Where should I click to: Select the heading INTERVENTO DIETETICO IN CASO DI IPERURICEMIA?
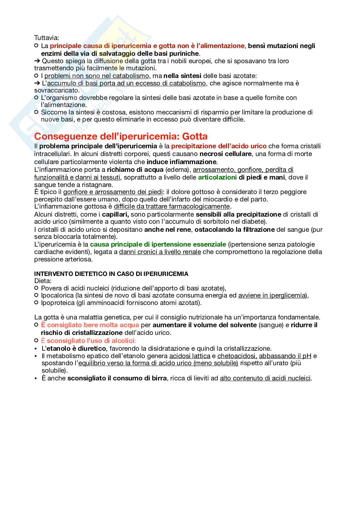(x=111, y=274)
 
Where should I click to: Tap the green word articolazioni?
(x=217, y=177)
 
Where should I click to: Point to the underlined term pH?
(x=307, y=356)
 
